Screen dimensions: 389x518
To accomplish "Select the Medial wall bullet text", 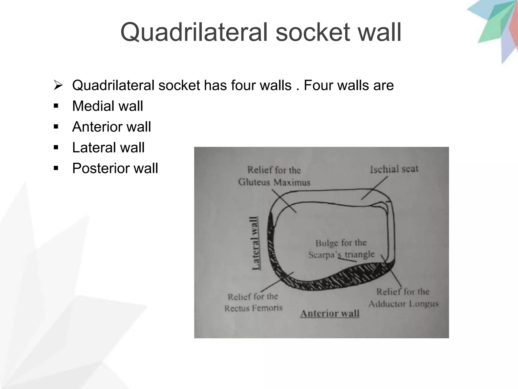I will (107, 106).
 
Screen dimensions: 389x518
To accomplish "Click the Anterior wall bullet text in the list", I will (112, 127).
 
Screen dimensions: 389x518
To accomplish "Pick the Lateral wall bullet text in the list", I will (108, 147).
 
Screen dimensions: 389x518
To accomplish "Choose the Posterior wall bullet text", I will (115, 168).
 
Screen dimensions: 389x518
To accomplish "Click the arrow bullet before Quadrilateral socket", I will (58, 85).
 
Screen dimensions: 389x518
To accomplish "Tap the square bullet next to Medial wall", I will (56, 106).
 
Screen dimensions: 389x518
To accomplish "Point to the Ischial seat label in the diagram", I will (394, 169).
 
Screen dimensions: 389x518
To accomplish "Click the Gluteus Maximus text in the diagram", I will (274, 182).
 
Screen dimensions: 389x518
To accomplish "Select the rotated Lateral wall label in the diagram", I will (255, 243).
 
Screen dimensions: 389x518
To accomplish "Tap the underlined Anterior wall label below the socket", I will (330, 314).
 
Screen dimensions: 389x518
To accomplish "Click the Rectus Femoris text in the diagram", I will (253, 308).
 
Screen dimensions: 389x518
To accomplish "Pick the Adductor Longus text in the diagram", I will (403, 304).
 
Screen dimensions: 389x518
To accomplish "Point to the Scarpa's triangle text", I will (341, 255).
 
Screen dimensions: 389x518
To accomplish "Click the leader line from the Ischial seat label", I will (374, 188).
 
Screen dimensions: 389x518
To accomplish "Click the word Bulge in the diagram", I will (327, 243).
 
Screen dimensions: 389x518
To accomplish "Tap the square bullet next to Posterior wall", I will (56, 168).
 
